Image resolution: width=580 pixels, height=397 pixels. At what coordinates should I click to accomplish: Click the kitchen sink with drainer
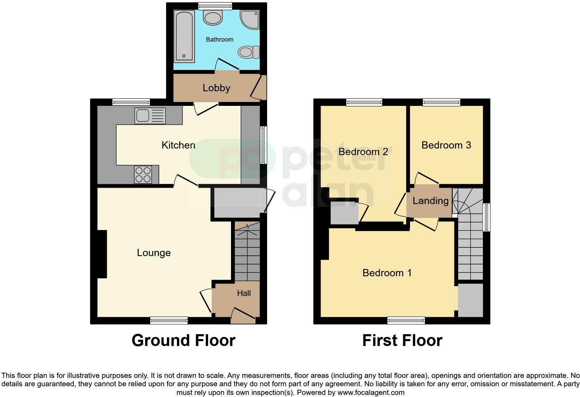[x=150, y=116]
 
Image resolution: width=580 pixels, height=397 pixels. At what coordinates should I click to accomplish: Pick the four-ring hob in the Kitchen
[x=143, y=175]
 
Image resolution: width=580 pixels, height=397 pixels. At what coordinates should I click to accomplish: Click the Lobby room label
[x=216, y=88]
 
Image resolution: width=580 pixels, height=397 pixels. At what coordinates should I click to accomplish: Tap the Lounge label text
[x=154, y=253]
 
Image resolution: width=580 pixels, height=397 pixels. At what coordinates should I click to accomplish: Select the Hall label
[x=244, y=293]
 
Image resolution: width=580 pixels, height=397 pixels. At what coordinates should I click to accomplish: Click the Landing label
[x=430, y=201]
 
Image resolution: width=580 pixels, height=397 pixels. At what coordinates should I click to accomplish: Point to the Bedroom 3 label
[x=446, y=145]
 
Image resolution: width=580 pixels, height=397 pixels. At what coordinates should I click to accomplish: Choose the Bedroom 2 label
[x=363, y=152]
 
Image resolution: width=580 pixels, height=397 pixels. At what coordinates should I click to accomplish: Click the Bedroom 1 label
[x=387, y=273]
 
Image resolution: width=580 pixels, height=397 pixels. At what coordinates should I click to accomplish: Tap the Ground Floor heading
[x=184, y=340]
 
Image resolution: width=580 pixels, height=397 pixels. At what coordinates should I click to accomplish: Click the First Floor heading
[x=402, y=340]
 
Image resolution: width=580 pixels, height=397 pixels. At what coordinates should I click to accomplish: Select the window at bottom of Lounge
[x=169, y=320]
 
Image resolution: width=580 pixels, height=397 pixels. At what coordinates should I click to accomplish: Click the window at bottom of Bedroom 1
[x=406, y=320]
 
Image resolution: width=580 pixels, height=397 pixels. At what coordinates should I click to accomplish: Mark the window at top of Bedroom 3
[x=441, y=102]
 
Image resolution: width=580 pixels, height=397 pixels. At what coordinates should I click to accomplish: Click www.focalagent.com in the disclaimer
[x=371, y=393]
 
